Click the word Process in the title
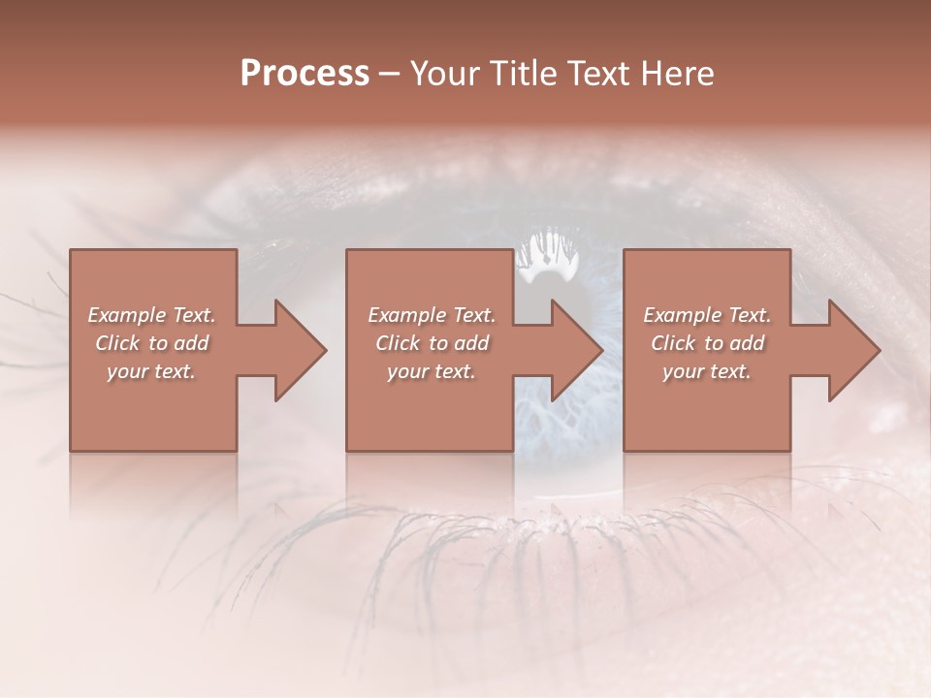(x=305, y=74)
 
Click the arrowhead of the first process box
(x=299, y=350)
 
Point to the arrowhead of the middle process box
(x=576, y=350)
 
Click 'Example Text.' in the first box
(x=151, y=315)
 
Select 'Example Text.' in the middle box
(x=432, y=315)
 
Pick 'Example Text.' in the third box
(x=707, y=315)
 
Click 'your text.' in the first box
(x=151, y=371)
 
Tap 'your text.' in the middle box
(x=432, y=371)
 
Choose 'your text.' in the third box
(x=707, y=371)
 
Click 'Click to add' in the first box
(x=151, y=343)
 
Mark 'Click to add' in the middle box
(x=432, y=343)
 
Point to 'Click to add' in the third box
(x=707, y=343)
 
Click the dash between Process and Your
(x=390, y=75)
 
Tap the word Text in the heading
(x=599, y=74)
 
